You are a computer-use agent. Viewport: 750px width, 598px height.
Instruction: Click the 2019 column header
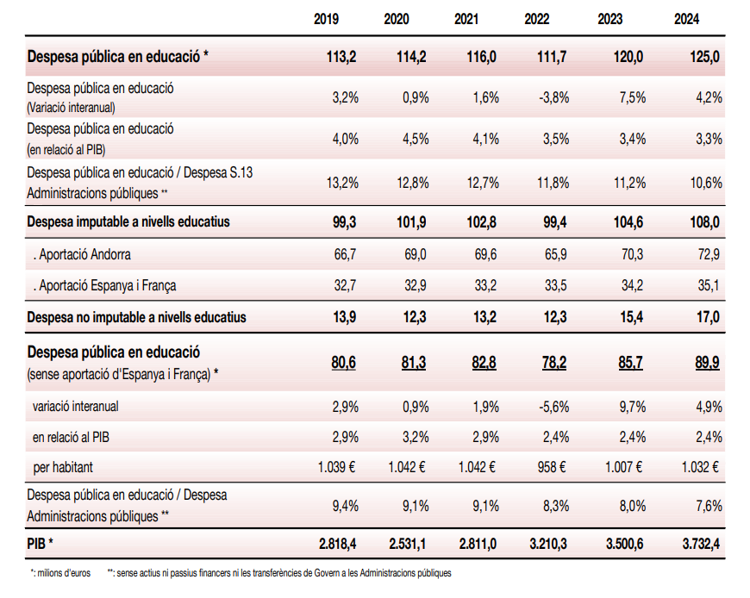pos(327,19)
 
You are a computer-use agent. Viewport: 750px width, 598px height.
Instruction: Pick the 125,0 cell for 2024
pos(706,57)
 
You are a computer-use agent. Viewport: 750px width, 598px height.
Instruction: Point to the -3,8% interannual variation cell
pos(553,97)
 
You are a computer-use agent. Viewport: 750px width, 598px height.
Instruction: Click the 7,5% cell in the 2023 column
pos(633,97)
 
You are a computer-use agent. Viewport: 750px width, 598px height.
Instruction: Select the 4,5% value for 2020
pos(416,140)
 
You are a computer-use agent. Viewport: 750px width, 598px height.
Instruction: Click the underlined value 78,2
pos(554,363)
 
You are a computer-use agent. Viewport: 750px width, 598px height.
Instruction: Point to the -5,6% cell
pos(553,407)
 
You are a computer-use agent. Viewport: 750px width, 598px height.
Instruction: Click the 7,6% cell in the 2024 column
pos(708,507)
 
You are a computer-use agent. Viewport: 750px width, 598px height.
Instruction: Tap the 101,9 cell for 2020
pos(413,222)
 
